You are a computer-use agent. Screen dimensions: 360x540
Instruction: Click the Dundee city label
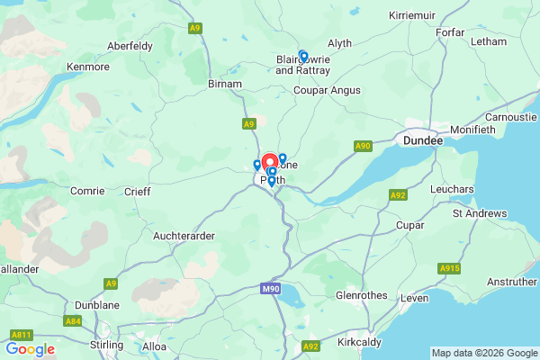(423, 141)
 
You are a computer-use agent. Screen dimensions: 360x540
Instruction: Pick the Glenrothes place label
(362, 294)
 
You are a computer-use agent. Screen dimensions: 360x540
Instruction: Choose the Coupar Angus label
(327, 90)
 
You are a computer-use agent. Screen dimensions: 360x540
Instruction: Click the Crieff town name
(138, 192)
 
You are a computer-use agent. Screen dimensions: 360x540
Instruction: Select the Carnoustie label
(509, 118)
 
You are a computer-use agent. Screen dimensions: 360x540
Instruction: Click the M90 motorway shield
(271, 288)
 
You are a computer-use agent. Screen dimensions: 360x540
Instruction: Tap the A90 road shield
(363, 146)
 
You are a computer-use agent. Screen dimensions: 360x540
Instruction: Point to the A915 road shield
(449, 268)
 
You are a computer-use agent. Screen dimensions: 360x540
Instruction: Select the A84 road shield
(73, 320)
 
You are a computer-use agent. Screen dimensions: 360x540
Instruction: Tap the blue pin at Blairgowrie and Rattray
(303, 56)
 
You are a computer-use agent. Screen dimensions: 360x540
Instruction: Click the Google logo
(30, 349)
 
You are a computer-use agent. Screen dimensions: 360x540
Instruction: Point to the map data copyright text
(483, 353)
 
